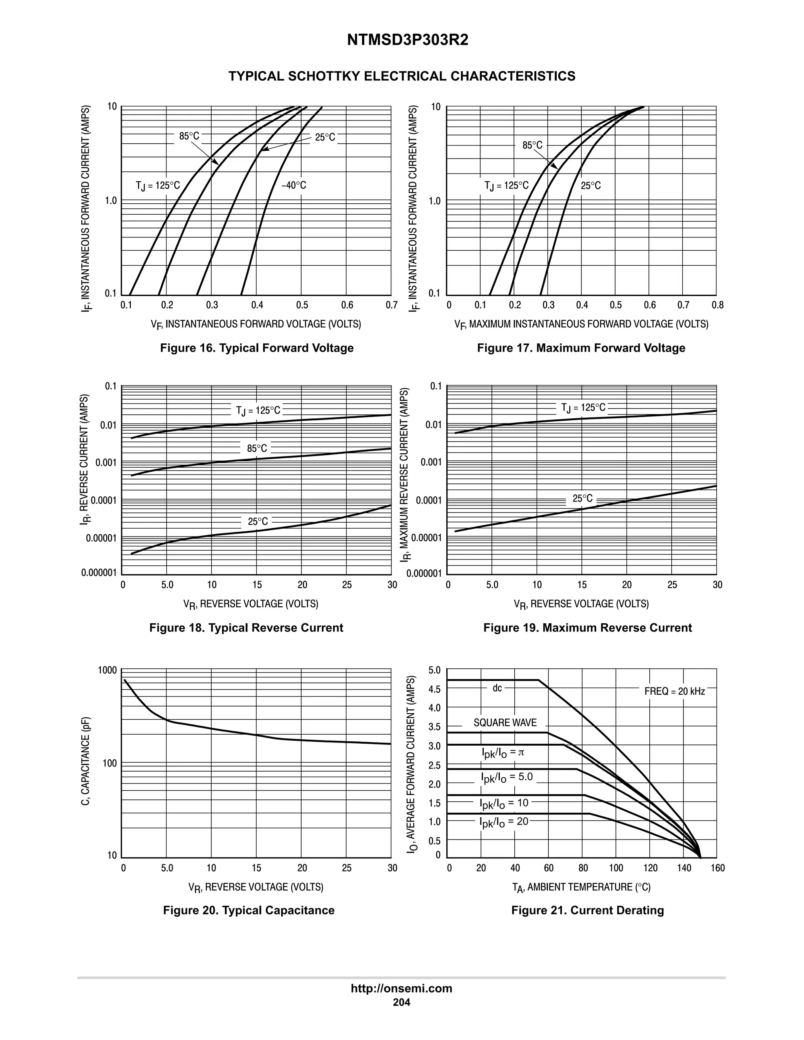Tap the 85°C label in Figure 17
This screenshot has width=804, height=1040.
[x=532, y=145]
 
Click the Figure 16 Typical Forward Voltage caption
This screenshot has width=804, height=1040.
[x=257, y=348]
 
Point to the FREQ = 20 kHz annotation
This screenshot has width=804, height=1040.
[x=674, y=691]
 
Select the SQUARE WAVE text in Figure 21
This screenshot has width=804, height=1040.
[x=505, y=723]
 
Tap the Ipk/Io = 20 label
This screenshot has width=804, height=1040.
[x=504, y=821]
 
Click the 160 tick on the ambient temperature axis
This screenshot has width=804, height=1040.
[x=717, y=868]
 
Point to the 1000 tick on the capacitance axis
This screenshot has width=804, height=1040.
[x=107, y=670]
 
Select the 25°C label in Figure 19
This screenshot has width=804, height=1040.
[x=583, y=498]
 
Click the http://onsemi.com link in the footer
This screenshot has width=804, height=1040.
[x=402, y=989]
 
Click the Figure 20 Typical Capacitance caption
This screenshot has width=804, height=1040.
[x=249, y=910]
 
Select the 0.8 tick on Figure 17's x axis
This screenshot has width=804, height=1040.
[x=717, y=305]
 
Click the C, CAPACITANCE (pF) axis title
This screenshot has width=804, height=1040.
[x=85, y=761]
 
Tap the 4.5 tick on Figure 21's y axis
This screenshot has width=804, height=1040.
[x=435, y=689]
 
